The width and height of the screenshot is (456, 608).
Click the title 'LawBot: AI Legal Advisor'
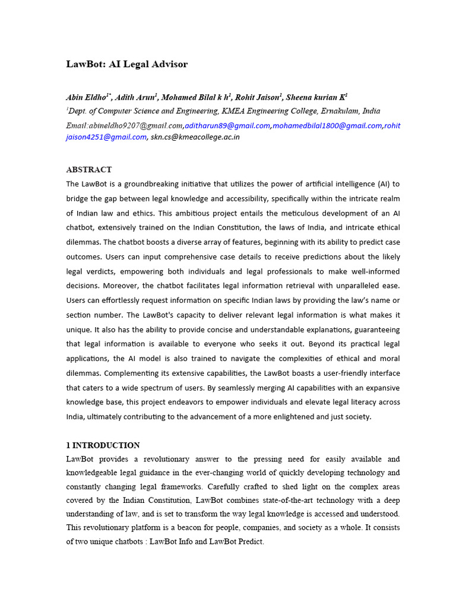coord(126,64)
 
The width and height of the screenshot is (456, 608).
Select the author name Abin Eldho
coord(85,97)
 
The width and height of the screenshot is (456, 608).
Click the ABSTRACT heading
coord(88,170)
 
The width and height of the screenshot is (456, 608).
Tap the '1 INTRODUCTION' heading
coord(103,445)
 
